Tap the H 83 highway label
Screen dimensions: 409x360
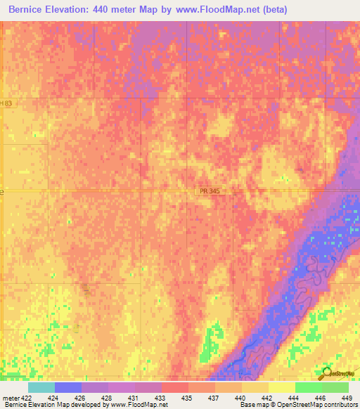coord(6,103)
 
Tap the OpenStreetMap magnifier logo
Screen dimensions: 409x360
coord(327,373)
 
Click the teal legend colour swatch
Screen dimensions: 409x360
coord(41,387)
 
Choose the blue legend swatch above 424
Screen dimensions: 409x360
coord(68,387)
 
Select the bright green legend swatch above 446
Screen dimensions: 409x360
coord(308,387)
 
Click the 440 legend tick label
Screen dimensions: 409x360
coord(240,398)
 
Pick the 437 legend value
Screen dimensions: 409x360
coord(213,398)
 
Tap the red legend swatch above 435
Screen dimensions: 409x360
coord(175,387)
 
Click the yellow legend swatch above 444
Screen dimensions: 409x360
coord(281,387)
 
